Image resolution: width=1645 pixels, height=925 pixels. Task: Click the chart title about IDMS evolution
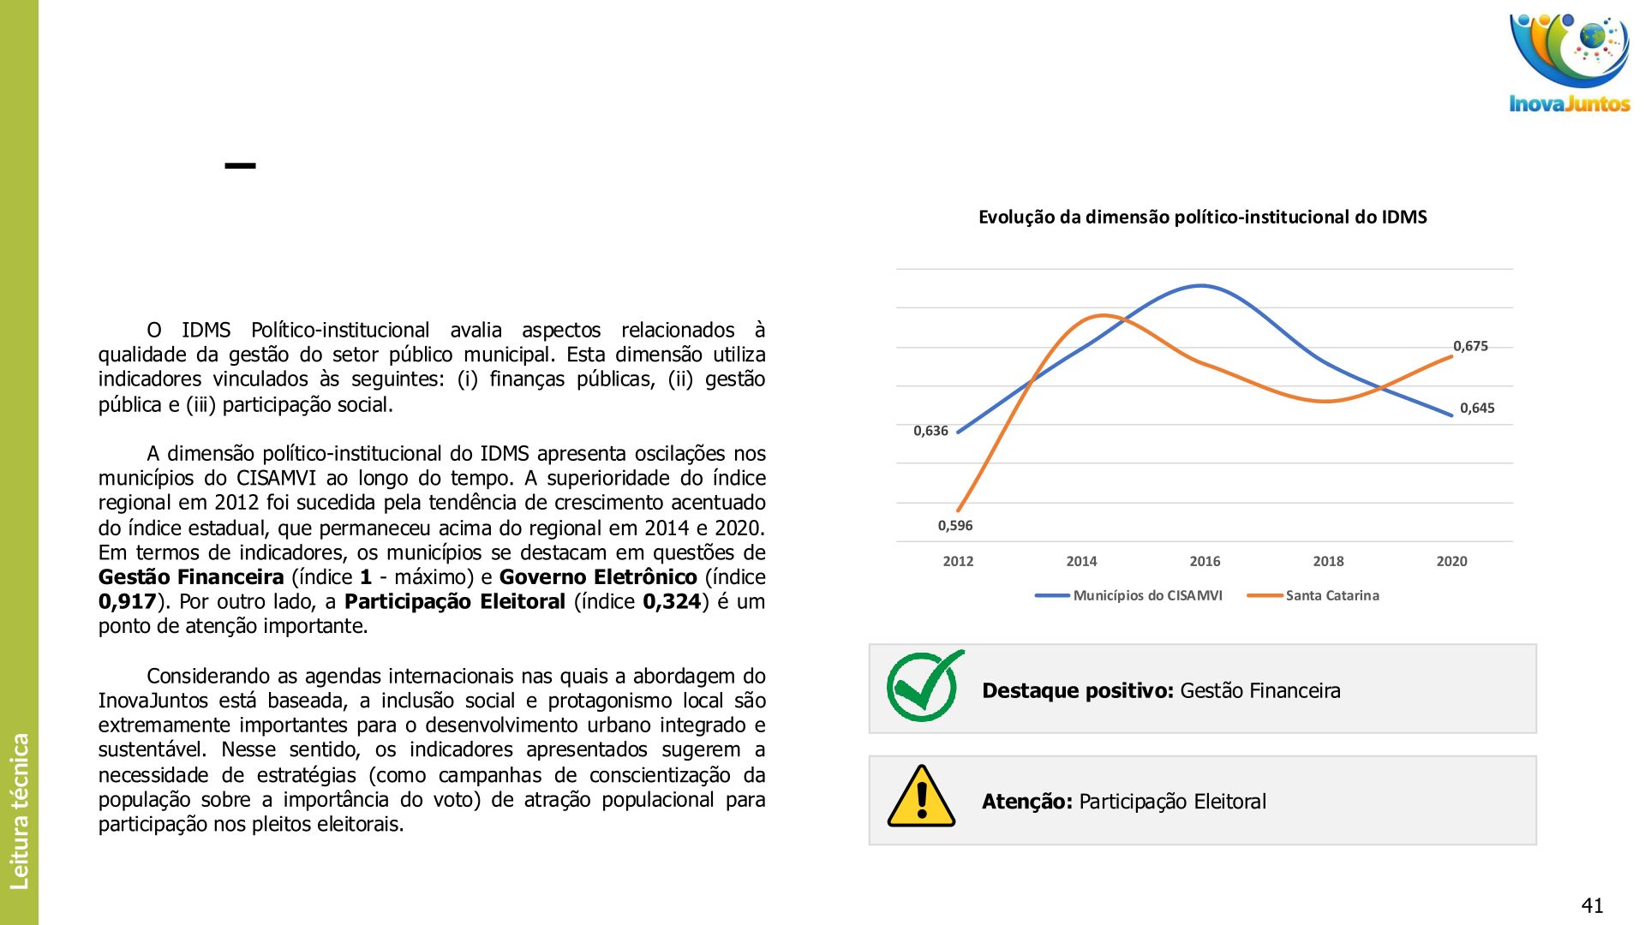(x=1202, y=217)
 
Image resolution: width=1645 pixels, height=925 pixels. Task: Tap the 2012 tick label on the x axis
(x=958, y=561)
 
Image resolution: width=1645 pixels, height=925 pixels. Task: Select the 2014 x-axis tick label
(x=1081, y=561)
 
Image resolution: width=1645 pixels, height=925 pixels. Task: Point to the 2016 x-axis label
(x=1205, y=561)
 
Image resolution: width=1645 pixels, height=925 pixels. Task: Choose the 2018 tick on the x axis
(x=1328, y=561)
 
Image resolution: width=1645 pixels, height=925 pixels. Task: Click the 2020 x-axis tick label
(x=1451, y=561)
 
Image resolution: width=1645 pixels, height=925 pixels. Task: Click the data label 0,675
(x=1470, y=346)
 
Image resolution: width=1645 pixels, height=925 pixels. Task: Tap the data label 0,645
(x=1477, y=408)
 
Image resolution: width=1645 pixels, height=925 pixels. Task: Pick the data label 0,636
(x=930, y=431)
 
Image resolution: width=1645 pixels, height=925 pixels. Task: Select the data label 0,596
(x=954, y=525)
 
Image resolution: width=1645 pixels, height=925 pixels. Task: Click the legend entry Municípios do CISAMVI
(x=1147, y=595)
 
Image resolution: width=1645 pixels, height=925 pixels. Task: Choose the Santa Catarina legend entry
(x=1331, y=595)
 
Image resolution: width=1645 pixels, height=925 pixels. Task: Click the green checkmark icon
(x=924, y=686)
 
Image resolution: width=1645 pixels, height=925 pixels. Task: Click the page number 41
(x=1592, y=905)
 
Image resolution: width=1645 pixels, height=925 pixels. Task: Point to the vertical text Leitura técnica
(x=19, y=810)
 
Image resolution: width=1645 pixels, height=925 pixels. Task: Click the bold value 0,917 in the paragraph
(x=127, y=601)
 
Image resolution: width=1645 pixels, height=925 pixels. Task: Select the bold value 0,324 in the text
(x=672, y=601)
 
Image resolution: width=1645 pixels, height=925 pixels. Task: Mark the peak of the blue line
(x=1201, y=286)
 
